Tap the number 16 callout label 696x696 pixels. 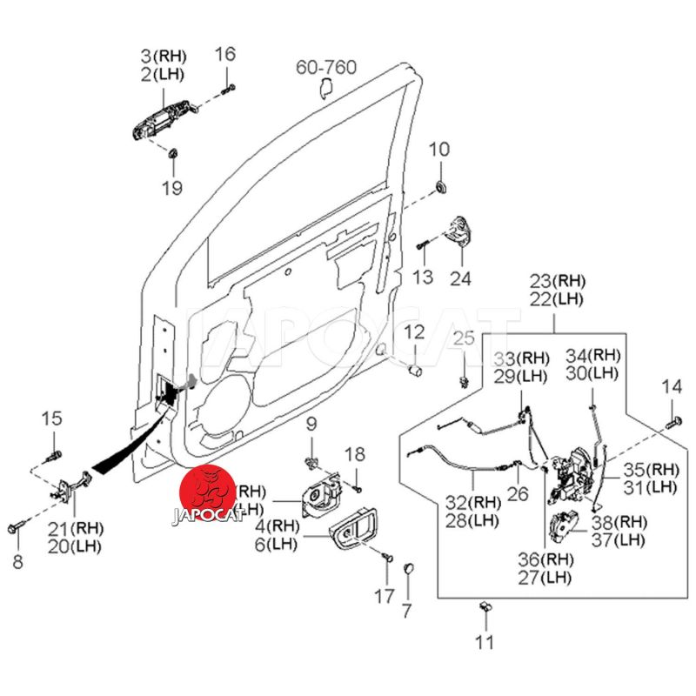tap(225, 55)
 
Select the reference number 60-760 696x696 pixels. tap(326, 67)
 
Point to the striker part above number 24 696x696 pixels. tap(458, 233)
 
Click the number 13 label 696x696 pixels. tap(422, 277)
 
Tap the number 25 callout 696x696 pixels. tap(464, 338)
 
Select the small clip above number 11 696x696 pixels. tap(484, 608)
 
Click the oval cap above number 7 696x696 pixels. tap(405, 568)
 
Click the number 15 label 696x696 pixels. tap(52, 418)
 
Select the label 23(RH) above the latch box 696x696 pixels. tap(559, 280)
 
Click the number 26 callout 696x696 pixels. tap(518, 493)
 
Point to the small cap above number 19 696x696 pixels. tap(172, 153)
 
